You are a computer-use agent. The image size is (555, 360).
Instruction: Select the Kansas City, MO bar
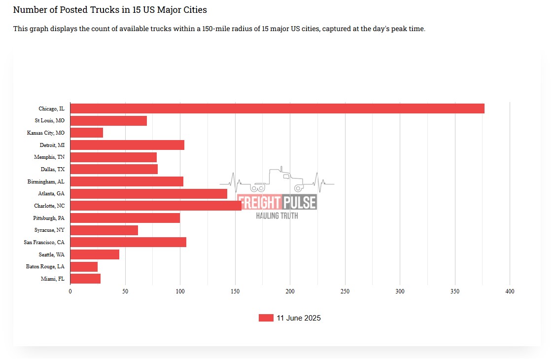87,133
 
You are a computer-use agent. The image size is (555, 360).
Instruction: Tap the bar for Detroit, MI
127,145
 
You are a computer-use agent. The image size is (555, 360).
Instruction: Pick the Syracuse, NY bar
104,230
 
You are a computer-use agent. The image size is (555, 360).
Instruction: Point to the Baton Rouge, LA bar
84,267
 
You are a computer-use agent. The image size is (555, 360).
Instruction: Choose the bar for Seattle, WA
95,254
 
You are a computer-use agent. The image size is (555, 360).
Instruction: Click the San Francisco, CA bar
128,242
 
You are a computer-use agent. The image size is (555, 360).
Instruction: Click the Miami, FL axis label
53,279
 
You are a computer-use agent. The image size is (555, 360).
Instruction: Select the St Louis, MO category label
49,121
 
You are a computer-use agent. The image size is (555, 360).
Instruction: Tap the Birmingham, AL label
46,181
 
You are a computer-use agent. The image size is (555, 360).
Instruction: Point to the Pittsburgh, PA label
49,218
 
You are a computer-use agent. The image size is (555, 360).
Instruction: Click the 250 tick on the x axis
345,291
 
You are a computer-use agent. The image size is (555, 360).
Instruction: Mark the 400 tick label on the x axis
510,291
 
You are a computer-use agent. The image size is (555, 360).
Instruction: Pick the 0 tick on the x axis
70,291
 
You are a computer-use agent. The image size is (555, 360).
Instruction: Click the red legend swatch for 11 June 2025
266,318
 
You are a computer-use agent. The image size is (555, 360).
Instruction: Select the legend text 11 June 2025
299,318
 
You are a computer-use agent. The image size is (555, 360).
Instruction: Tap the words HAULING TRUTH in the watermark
277,216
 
